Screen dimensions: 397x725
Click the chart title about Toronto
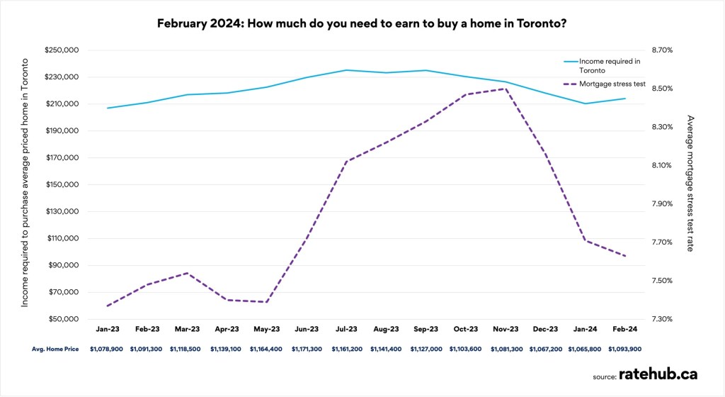(362, 23)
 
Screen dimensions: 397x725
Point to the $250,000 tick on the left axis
(62, 50)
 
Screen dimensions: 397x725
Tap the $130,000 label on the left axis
(62, 211)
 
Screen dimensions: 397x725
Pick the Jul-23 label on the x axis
(346, 330)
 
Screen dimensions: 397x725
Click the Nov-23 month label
(506, 330)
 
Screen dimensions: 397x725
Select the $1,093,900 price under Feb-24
(625, 349)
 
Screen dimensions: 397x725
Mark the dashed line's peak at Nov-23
(506, 89)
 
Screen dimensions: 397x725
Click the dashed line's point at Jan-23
(107, 306)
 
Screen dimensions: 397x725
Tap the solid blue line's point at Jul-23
(346, 70)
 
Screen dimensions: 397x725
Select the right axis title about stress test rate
(691, 184)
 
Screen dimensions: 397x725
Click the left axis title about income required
(25, 184)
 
